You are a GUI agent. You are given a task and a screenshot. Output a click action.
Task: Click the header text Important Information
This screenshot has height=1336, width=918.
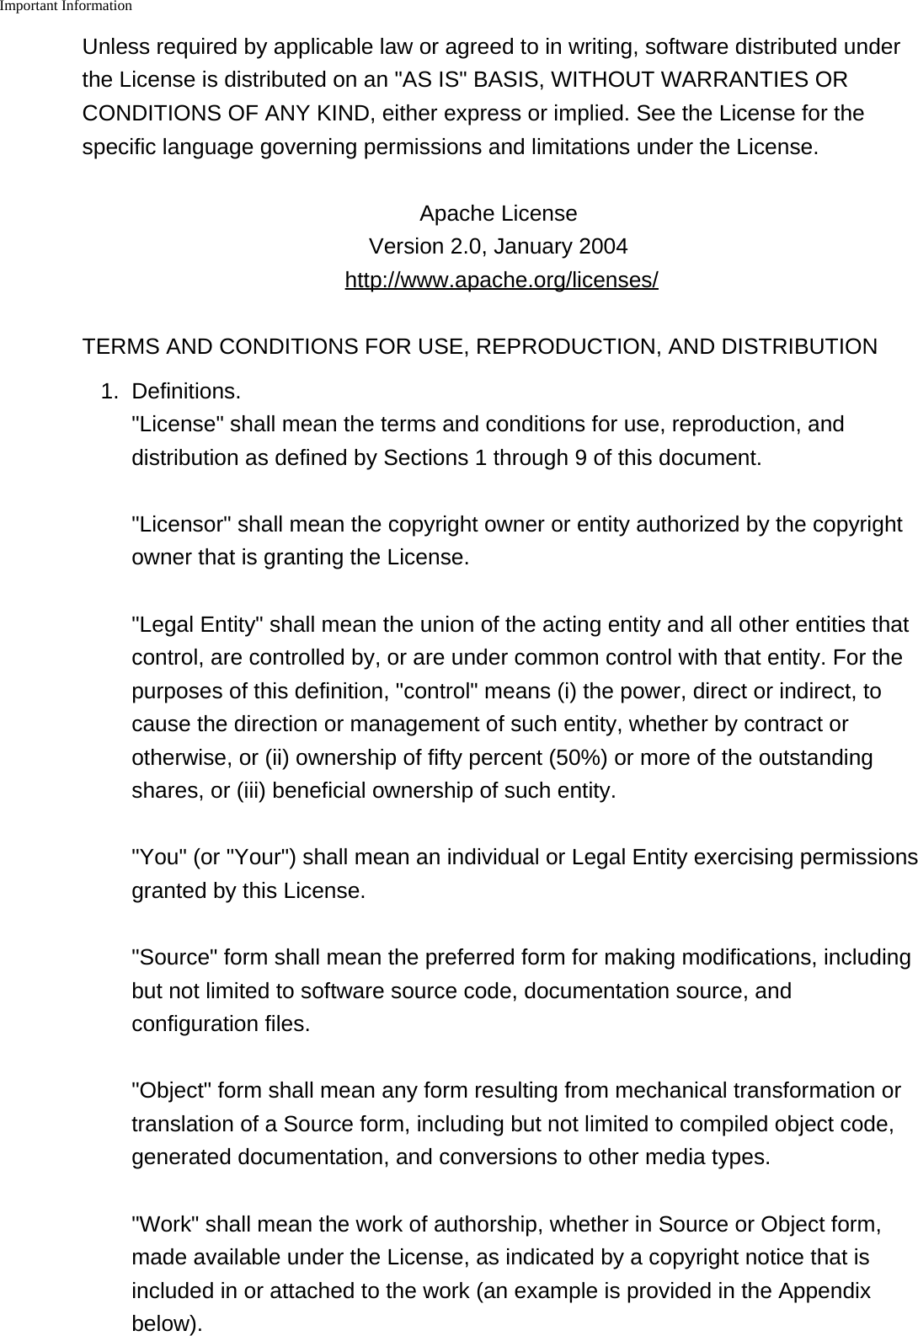tap(67, 7)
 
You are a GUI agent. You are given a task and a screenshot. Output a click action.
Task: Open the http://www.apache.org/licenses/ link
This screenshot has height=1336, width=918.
tap(501, 281)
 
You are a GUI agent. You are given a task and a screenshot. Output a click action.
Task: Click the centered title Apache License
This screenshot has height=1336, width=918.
tap(498, 214)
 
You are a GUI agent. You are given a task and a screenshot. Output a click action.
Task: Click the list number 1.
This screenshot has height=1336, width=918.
tap(109, 392)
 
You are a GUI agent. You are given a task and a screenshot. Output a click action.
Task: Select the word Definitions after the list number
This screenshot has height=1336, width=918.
tap(185, 392)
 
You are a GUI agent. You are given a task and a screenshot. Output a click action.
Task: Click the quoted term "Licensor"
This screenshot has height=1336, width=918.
tap(181, 525)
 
